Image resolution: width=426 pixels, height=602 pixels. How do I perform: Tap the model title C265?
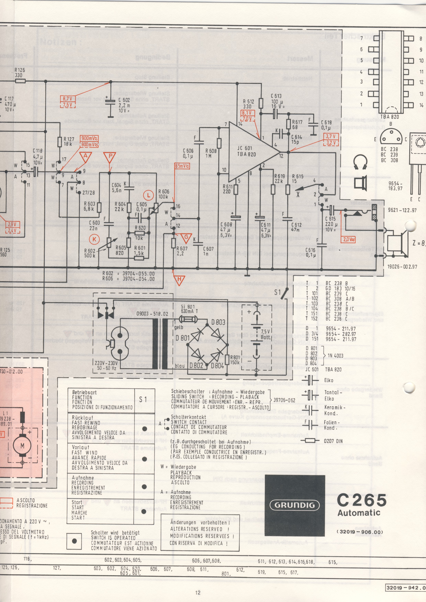(x=361, y=500)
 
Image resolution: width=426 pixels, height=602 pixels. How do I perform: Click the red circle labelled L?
(x=149, y=195)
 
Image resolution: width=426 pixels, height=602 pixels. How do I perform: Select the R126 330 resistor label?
(x=20, y=73)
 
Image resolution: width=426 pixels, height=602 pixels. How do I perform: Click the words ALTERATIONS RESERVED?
(x=200, y=529)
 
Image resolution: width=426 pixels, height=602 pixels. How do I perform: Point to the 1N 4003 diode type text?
(x=335, y=356)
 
